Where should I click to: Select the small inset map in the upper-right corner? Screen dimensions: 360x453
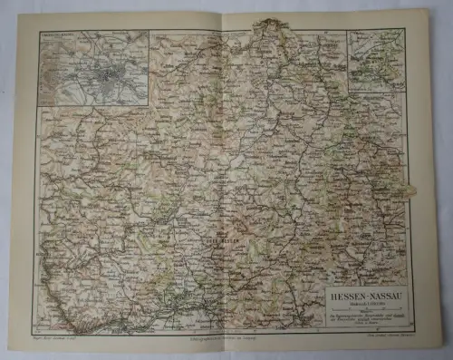[x=374, y=60]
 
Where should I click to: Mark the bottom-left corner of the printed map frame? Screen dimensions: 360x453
[x=36, y=331]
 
